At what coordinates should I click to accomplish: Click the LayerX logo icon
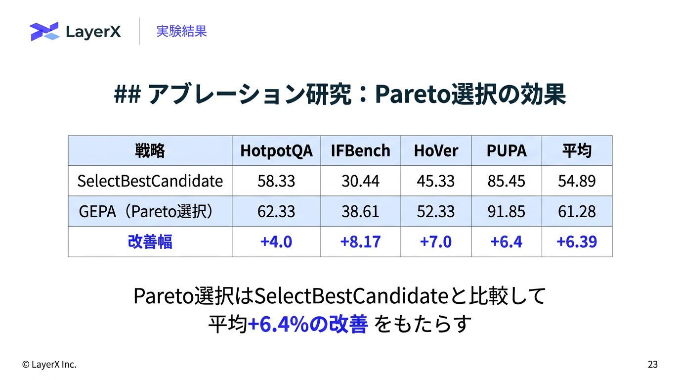pos(44,31)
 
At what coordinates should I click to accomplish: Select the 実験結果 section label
pos(181,31)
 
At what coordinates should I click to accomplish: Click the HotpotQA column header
pos(276,151)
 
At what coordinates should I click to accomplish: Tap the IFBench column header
pos(360,150)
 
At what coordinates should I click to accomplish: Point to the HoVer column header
pos(436,150)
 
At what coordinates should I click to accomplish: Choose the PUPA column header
pos(507,150)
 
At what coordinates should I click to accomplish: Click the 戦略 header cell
pos(150,150)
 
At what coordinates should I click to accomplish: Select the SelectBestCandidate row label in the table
pos(150,181)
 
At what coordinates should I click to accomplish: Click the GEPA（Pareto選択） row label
pos(146,211)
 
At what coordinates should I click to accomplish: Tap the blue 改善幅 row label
pos(150,241)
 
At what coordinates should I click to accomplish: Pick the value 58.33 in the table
pos(276,181)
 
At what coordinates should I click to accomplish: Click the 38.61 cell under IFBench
pos(360,212)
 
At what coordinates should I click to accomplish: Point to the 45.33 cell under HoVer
pos(436,181)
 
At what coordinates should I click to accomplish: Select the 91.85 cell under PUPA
pos(507,212)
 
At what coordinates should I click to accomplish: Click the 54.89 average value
pos(577,181)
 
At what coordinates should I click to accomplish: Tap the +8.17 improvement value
pos(360,242)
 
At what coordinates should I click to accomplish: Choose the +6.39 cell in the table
pos(577,242)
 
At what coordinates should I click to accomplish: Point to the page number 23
pos(653,364)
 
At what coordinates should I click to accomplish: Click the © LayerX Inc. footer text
pos(49,364)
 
